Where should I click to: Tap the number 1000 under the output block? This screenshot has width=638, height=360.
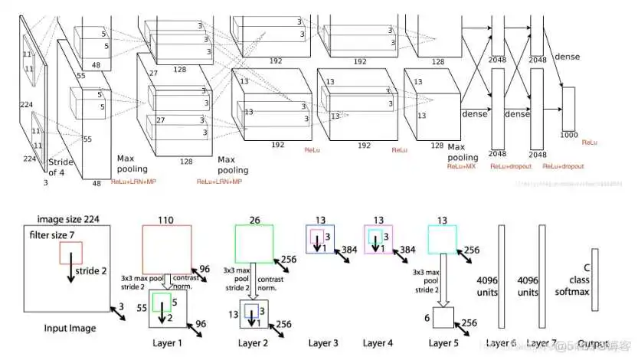(568, 135)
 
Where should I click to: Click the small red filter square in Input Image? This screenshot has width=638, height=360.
(70, 253)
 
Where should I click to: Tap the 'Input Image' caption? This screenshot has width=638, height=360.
(70, 328)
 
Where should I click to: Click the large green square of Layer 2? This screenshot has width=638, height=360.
(254, 244)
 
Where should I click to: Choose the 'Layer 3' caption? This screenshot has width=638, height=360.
(325, 343)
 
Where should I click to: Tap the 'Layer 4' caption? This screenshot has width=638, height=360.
(378, 343)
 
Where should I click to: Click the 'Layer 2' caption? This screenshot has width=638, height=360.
(255, 343)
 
